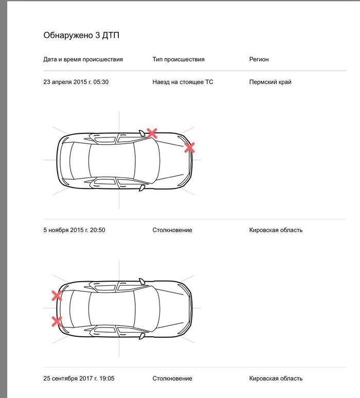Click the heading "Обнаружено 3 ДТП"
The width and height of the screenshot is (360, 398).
tap(82, 35)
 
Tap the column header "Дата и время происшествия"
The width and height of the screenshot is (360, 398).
tap(83, 59)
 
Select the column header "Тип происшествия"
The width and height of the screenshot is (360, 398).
tap(178, 59)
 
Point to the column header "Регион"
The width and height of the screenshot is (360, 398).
tap(259, 59)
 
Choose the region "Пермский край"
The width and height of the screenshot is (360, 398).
tap(270, 81)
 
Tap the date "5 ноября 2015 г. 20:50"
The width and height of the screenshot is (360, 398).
tap(75, 230)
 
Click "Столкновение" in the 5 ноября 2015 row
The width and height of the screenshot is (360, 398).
tap(172, 230)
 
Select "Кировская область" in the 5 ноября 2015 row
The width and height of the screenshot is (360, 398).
tap(276, 230)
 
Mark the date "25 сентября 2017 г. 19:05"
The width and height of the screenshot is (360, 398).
tap(79, 378)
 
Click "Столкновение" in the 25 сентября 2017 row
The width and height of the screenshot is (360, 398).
tap(172, 378)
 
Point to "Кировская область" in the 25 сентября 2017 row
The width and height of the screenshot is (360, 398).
tap(276, 378)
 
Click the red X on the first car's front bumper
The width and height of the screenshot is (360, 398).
tap(189, 148)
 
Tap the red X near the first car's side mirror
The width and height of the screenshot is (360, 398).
tap(151, 133)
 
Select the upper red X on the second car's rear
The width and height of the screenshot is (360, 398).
tap(57, 296)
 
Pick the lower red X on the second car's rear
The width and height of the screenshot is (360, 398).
tap(57, 322)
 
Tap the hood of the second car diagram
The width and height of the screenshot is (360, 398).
tap(167, 308)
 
